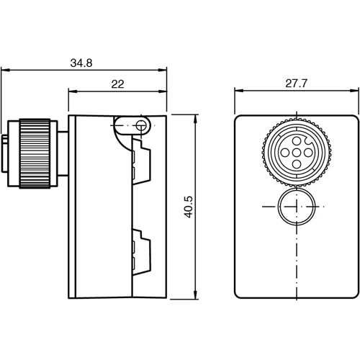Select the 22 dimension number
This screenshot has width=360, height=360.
coord(118,84)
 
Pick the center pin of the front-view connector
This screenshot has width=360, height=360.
coord(296,153)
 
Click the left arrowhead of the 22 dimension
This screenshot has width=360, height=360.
coord(71,91)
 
